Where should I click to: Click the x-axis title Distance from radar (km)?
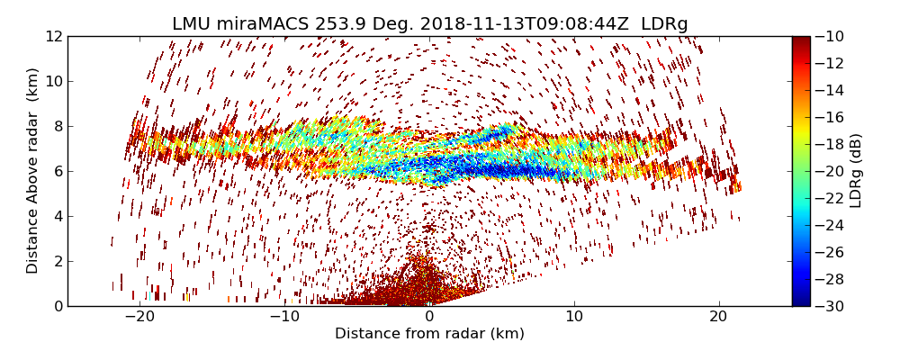[x=429, y=334]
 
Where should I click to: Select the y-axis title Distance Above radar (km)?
[x=33, y=171]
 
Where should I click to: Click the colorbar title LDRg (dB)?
[x=856, y=171]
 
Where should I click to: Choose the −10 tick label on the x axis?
[x=283, y=318]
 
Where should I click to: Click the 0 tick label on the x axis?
[x=429, y=318]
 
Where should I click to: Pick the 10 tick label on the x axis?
[x=574, y=318]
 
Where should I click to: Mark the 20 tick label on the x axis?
[x=718, y=318]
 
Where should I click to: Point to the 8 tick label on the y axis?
[x=57, y=127]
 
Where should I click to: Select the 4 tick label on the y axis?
[x=57, y=217]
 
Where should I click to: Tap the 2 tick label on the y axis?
[x=57, y=262]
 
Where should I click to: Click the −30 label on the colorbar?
[x=829, y=306]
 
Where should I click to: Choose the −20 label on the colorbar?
[x=829, y=171]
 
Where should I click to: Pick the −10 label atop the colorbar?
[x=829, y=37]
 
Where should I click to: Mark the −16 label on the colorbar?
[x=829, y=117]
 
